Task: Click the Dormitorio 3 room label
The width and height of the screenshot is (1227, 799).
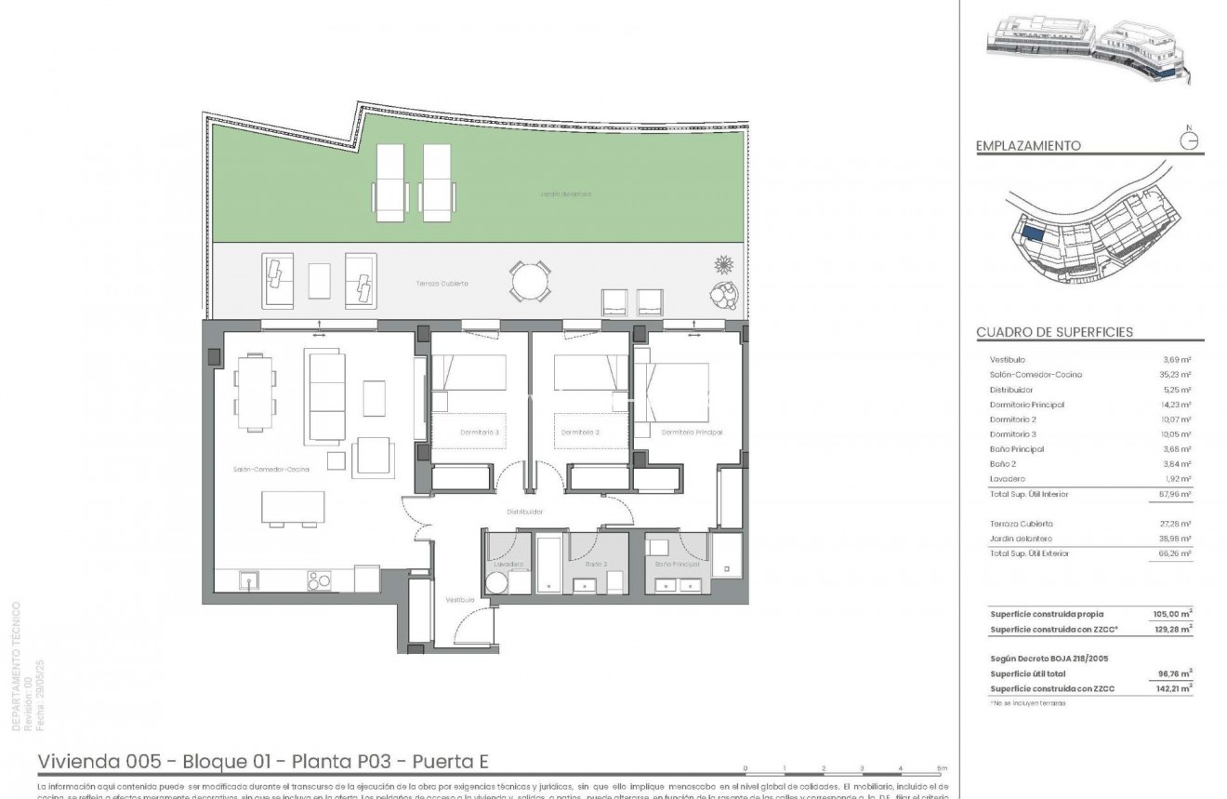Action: tap(480, 433)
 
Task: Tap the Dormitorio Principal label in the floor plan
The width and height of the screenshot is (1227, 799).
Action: tap(692, 433)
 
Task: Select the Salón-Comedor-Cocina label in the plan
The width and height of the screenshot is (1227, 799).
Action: tap(271, 470)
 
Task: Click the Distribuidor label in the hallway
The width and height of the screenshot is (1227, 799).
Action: tap(524, 512)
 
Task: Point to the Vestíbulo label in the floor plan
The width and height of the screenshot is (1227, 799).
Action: tap(459, 600)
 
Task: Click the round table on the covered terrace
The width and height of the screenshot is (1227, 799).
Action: tap(528, 279)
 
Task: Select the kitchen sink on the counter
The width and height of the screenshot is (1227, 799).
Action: tap(248, 579)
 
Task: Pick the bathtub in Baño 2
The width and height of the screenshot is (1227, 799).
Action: tap(548, 563)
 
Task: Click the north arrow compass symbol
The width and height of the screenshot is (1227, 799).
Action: tap(1188, 140)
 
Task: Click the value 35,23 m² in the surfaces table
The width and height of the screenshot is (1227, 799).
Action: tap(1178, 375)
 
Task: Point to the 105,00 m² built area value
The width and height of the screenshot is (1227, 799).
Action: tap(1177, 613)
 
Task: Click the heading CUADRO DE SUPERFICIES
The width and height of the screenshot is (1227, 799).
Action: tap(1054, 332)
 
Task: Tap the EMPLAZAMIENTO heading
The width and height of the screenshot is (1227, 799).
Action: tap(1028, 146)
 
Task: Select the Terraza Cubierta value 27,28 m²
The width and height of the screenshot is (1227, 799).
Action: tap(1178, 524)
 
